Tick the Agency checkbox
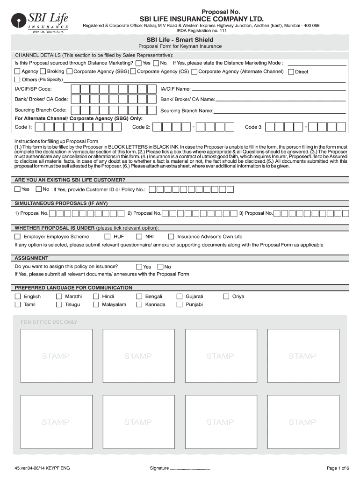[17, 72]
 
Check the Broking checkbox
[43, 72]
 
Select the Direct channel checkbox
[291, 72]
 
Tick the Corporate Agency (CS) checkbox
[133, 72]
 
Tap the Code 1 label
[23, 127]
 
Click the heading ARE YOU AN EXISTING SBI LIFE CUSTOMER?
[70, 180]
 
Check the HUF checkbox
[108, 237]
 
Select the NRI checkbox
[139, 237]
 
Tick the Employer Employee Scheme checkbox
[18, 237]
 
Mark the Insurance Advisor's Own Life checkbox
[171, 237]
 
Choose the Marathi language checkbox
[59, 297]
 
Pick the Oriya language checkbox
[226, 297]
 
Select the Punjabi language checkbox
[180, 305]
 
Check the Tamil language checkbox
[18, 305]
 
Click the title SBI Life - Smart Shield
[180, 40]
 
